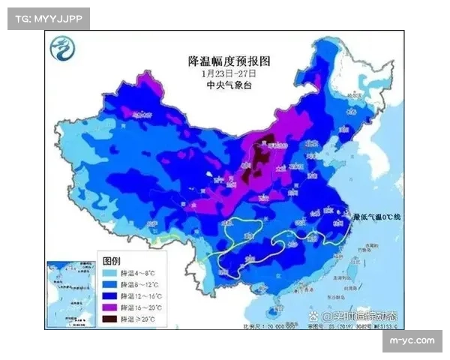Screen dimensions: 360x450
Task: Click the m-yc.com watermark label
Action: click(411, 341)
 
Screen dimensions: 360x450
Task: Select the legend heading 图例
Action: click(111, 260)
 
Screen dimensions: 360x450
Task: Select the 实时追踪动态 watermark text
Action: click(360, 317)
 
